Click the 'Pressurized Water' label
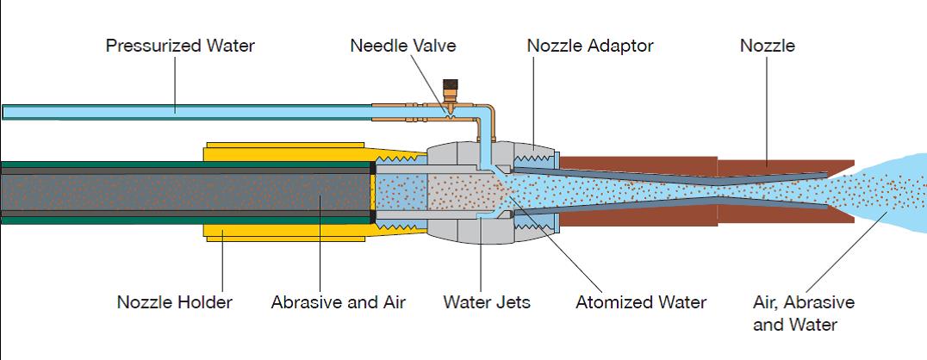click(x=180, y=46)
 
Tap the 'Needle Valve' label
click(x=402, y=46)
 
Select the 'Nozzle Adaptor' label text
click(x=589, y=46)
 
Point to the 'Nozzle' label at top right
click(x=767, y=46)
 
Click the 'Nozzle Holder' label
click(x=174, y=302)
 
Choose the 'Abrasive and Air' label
click(x=338, y=302)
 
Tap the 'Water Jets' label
click(x=487, y=302)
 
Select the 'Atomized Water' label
click(x=641, y=302)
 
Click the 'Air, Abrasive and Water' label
click(x=803, y=313)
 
